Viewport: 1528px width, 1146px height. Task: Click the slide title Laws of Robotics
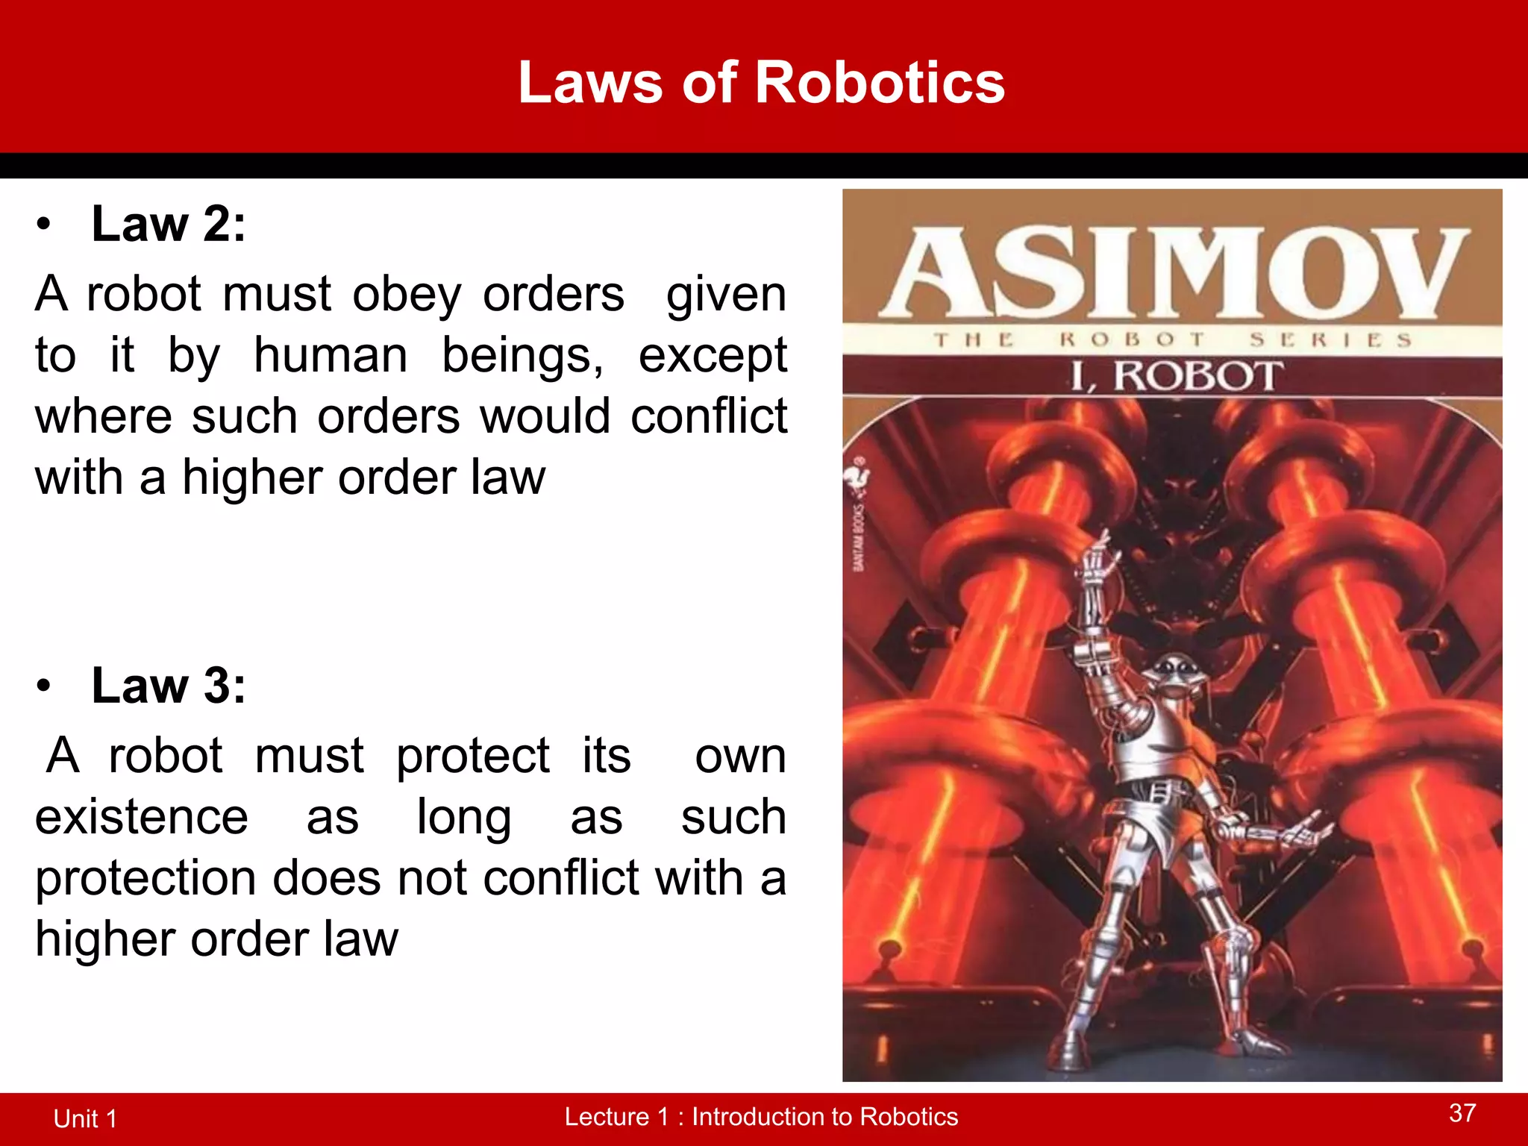[x=761, y=82]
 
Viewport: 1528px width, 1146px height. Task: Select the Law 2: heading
[x=168, y=224]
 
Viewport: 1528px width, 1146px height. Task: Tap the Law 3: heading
[x=168, y=685]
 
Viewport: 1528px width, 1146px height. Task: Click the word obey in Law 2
[x=407, y=294]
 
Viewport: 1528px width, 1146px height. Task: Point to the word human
[x=331, y=355]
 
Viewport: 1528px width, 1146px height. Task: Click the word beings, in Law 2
[x=522, y=355]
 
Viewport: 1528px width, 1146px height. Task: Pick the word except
[x=712, y=357]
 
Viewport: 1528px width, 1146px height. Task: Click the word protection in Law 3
[x=145, y=879]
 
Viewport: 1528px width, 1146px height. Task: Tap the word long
[x=463, y=818]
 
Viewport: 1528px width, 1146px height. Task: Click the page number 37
[x=1462, y=1113]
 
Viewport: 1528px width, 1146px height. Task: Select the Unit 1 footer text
[x=86, y=1118]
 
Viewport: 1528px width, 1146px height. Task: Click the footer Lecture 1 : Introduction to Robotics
[x=761, y=1116]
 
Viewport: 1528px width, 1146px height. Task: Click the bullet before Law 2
[x=45, y=224]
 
